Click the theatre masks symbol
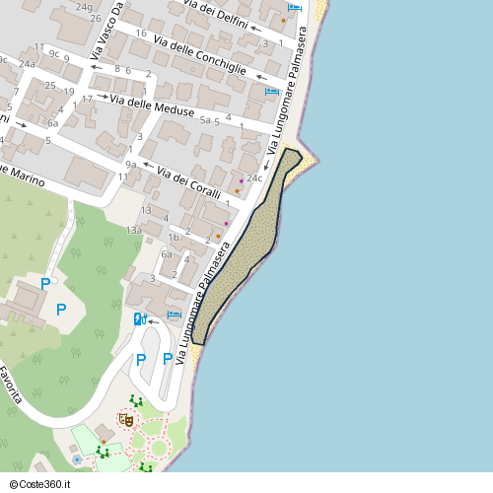coord(126,419)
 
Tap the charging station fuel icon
coord(141,318)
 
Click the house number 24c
coord(253,178)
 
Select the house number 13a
coord(134,230)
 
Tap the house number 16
coord(141,34)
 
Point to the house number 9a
coord(131,165)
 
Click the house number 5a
coord(208,120)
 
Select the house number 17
coord(87,99)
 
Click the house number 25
coord(49,86)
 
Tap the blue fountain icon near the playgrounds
coord(77,459)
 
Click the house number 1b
coord(174,237)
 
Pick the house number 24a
coord(27,64)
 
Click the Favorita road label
coord(11,386)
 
